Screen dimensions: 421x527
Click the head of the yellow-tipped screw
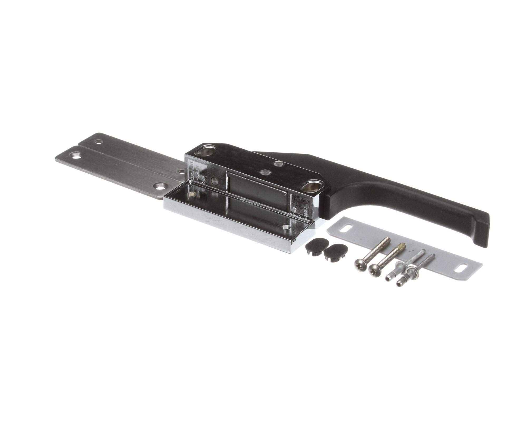[374, 268]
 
